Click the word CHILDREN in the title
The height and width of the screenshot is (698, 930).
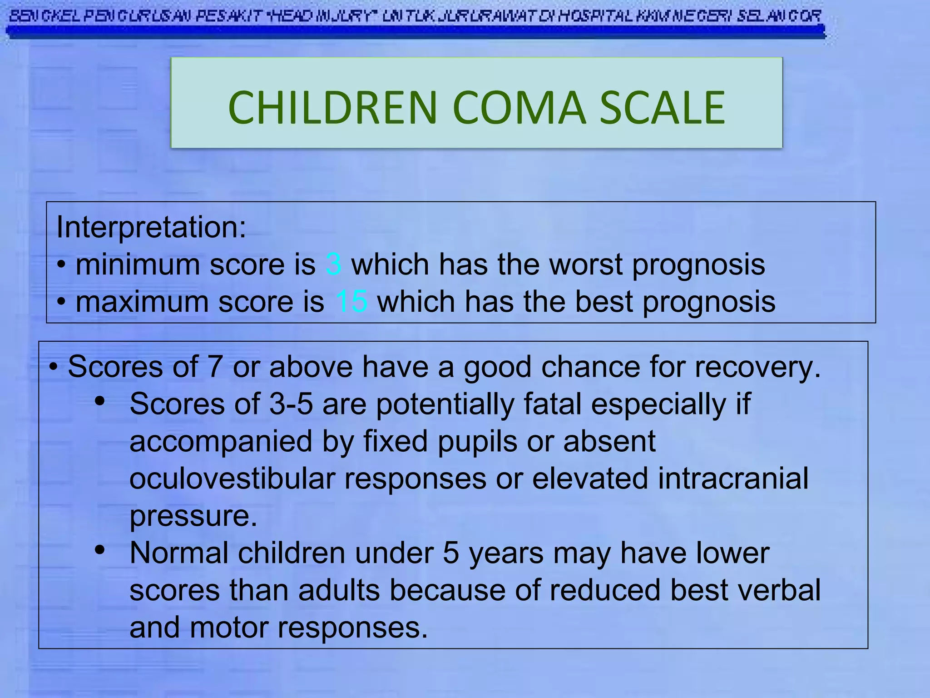(332, 108)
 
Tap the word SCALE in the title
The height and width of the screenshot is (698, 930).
(663, 108)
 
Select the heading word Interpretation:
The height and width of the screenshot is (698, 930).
(151, 227)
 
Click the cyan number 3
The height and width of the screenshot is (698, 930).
(334, 264)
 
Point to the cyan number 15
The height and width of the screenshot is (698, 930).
(351, 302)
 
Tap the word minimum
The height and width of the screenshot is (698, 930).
(138, 264)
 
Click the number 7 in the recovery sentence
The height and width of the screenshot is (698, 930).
(215, 367)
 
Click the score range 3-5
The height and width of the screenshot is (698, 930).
(291, 404)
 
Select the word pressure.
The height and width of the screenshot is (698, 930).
(193, 516)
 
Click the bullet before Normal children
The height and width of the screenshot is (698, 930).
(100, 550)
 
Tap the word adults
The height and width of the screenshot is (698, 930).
(339, 590)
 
